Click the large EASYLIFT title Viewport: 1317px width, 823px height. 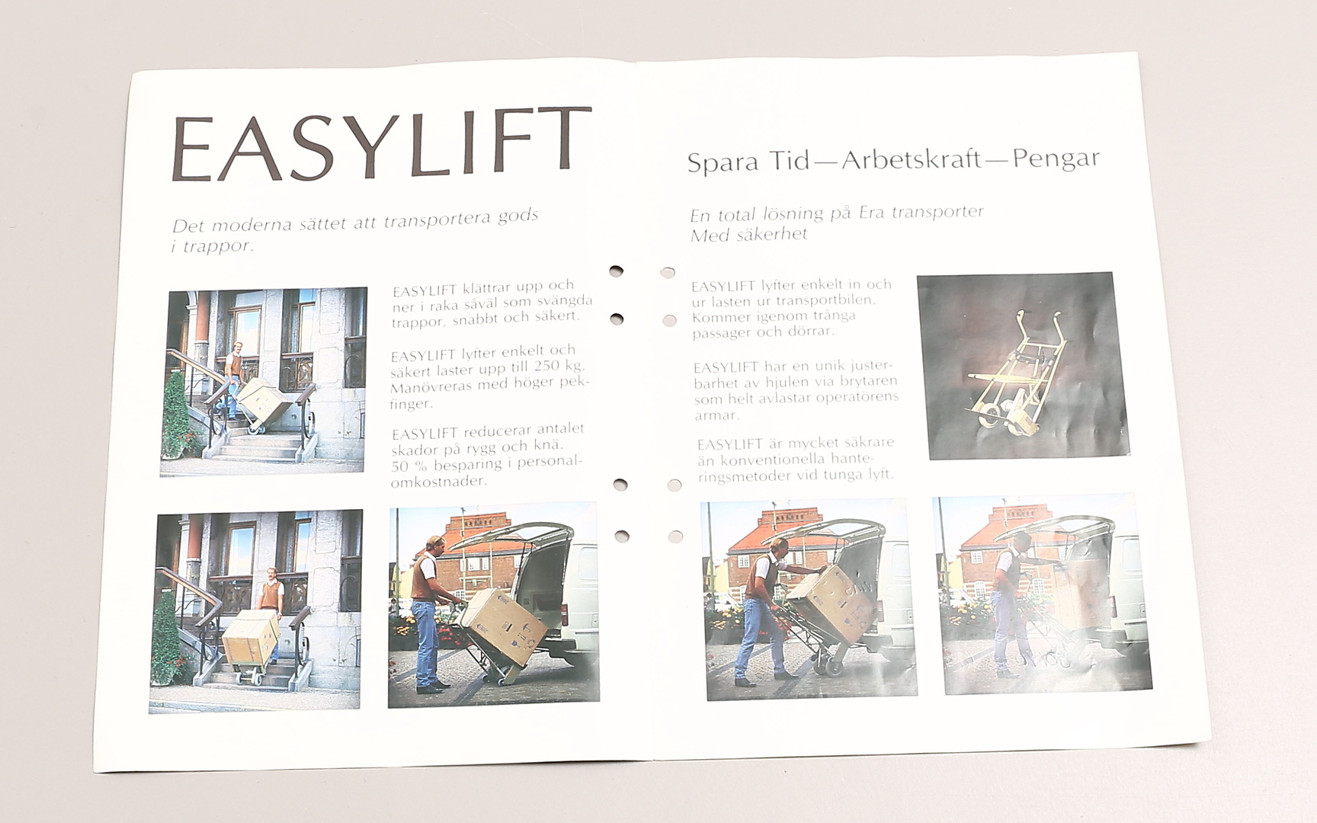(381, 145)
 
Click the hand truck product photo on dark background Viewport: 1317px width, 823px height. (1023, 365)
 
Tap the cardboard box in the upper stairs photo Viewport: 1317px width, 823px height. (264, 402)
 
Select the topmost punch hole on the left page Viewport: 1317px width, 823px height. (616, 271)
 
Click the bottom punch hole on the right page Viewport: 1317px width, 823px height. (675, 536)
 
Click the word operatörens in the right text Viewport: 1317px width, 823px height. (857, 398)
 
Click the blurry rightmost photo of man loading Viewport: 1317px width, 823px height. (1043, 594)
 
